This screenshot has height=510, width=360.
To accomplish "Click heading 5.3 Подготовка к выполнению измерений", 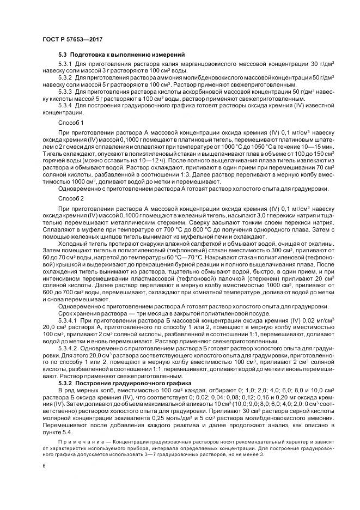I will tap(122, 55).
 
